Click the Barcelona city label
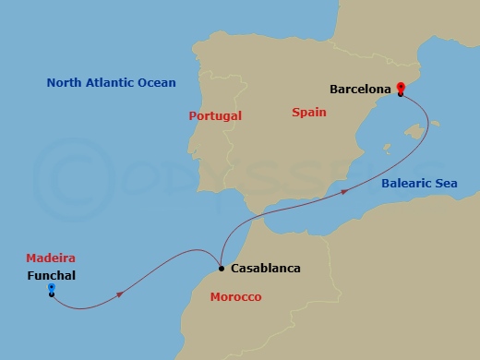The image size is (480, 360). point(361,90)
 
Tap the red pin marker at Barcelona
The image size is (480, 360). point(401,89)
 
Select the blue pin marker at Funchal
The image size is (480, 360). point(52,289)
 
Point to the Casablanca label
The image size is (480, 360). point(267,269)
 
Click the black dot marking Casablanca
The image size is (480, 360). point(221,269)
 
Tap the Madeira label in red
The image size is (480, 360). point(51,258)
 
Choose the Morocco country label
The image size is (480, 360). point(235,297)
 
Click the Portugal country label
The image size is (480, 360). point(214,116)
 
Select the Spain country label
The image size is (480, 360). point(308,112)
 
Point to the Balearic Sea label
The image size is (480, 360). point(419,184)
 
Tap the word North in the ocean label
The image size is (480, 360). point(65,83)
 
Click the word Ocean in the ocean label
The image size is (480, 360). point(156,83)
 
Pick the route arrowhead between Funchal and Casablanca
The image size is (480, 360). point(121,294)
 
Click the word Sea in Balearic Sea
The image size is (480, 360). point(447,184)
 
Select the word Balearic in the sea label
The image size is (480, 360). point(407,184)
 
